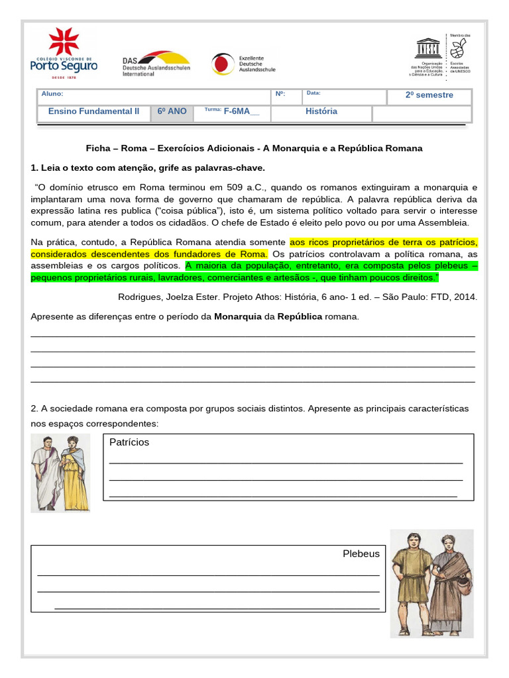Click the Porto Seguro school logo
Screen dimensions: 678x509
[x=64, y=54]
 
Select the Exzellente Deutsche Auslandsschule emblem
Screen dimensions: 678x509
[x=243, y=64]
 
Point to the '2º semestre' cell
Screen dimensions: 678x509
[x=429, y=95]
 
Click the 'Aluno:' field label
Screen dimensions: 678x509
[x=52, y=94]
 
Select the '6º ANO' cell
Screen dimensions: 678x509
[x=172, y=112]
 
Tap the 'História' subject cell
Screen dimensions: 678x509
[x=321, y=112]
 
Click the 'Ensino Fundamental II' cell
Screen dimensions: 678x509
[x=93, y=112]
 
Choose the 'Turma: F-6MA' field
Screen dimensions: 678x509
[x=232, y=111]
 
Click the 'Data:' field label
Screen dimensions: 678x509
[x=313, y=94]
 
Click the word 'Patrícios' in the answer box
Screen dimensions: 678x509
[x=129, y=442]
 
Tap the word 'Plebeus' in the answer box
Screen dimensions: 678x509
[x=361, y=554]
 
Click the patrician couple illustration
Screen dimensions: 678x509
[x=60, y=473]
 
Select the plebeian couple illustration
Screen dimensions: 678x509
[x=431, y=583]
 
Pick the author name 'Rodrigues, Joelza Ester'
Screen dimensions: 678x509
[x=169, y=297]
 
